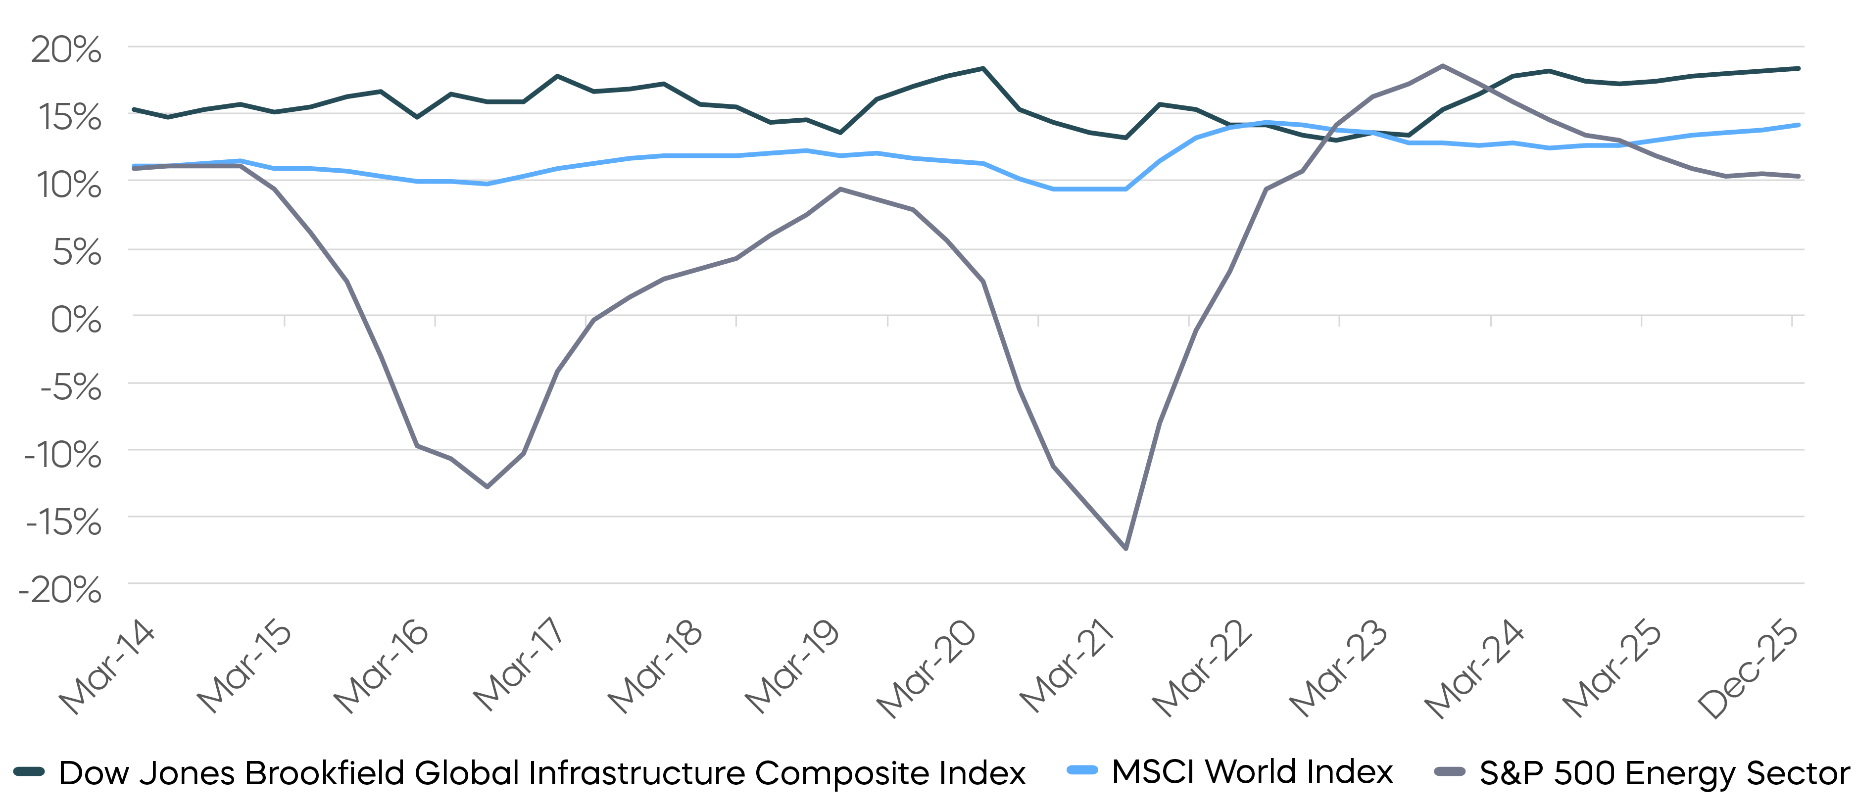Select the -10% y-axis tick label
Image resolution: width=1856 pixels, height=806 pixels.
click(x=63, y=455)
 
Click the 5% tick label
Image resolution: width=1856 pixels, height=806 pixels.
click(x=76, y=253)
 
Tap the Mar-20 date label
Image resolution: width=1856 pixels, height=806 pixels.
click(x=927, y=668)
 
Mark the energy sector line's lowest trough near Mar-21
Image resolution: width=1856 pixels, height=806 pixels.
click(x=1125, y=549)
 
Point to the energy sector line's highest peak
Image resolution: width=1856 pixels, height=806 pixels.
click(x=1442, y=65)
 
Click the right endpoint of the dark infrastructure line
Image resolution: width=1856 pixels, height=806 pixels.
click(x=1799, y=68)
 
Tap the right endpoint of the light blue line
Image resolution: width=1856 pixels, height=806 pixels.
click(x=1799, y=125)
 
